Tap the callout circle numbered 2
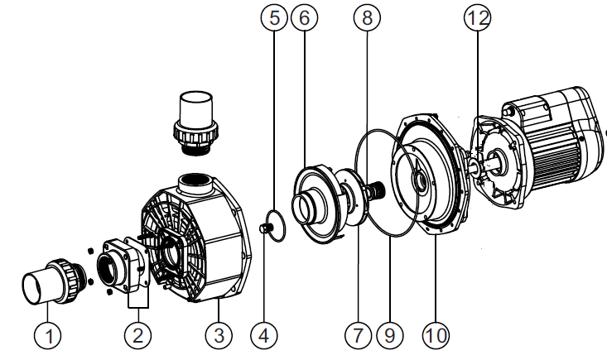(137, 336)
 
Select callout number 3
(218, 336)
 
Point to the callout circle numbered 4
(264, 336)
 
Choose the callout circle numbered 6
(303, 18)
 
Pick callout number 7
(358, 336)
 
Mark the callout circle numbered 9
(388, 336)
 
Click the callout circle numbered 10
(436, 336)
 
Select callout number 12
(478, 18)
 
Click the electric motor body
(551, 145)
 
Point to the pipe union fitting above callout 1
(54, 281)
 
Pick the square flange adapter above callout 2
(124, 265)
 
